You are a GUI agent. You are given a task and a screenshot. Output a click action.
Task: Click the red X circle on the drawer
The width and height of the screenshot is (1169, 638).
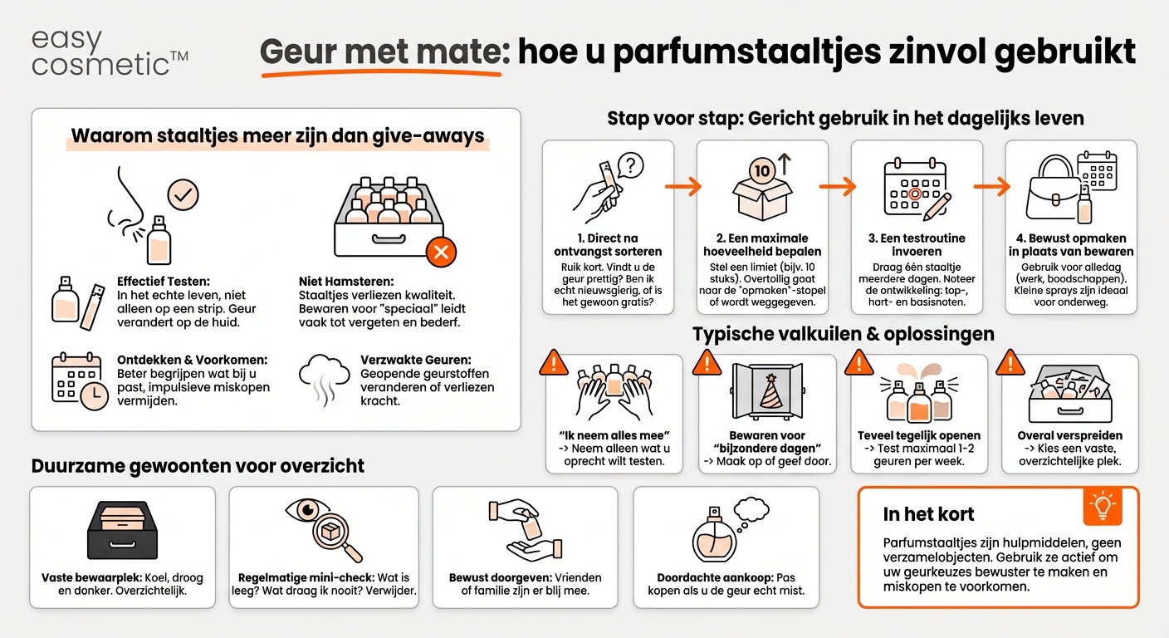[441, 251]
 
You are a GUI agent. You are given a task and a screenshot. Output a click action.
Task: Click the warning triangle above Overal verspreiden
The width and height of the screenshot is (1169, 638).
[1010, 362]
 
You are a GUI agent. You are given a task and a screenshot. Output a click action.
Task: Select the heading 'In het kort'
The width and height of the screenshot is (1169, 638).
[928, 514]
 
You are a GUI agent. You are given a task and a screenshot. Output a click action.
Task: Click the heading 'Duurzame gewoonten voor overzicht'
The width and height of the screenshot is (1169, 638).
[198, 466]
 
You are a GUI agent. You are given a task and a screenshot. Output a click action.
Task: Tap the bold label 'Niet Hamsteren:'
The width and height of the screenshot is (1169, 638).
[346, 281]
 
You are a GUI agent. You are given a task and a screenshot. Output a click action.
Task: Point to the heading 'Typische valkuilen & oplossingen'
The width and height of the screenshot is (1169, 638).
[843, 334]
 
